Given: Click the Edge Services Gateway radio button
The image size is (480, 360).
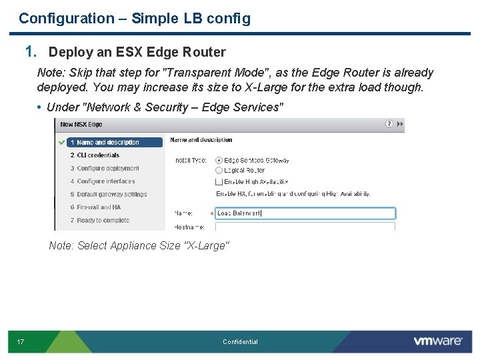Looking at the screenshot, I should pos(219,161).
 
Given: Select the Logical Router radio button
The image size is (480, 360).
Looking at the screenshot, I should pos(219,171).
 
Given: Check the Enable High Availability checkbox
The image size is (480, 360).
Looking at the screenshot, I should pos(219,181).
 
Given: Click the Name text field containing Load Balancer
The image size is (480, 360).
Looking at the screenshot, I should pos(305,213).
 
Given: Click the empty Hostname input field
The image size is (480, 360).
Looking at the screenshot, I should pos(305,227).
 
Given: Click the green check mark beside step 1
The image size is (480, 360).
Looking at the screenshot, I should pos(61,142).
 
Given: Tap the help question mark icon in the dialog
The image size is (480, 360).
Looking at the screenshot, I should pos(389,124).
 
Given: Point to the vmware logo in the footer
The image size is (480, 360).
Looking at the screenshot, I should pos(437,341).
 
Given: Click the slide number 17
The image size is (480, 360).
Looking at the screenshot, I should pos(21,342).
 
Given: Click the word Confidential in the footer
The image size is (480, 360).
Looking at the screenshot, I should pos(240,342).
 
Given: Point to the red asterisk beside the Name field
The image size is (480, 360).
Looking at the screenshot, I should pos(212,214).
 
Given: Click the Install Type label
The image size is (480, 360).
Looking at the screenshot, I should pos(191,161).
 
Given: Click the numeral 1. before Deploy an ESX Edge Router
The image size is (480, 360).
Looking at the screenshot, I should pos(31,51).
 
